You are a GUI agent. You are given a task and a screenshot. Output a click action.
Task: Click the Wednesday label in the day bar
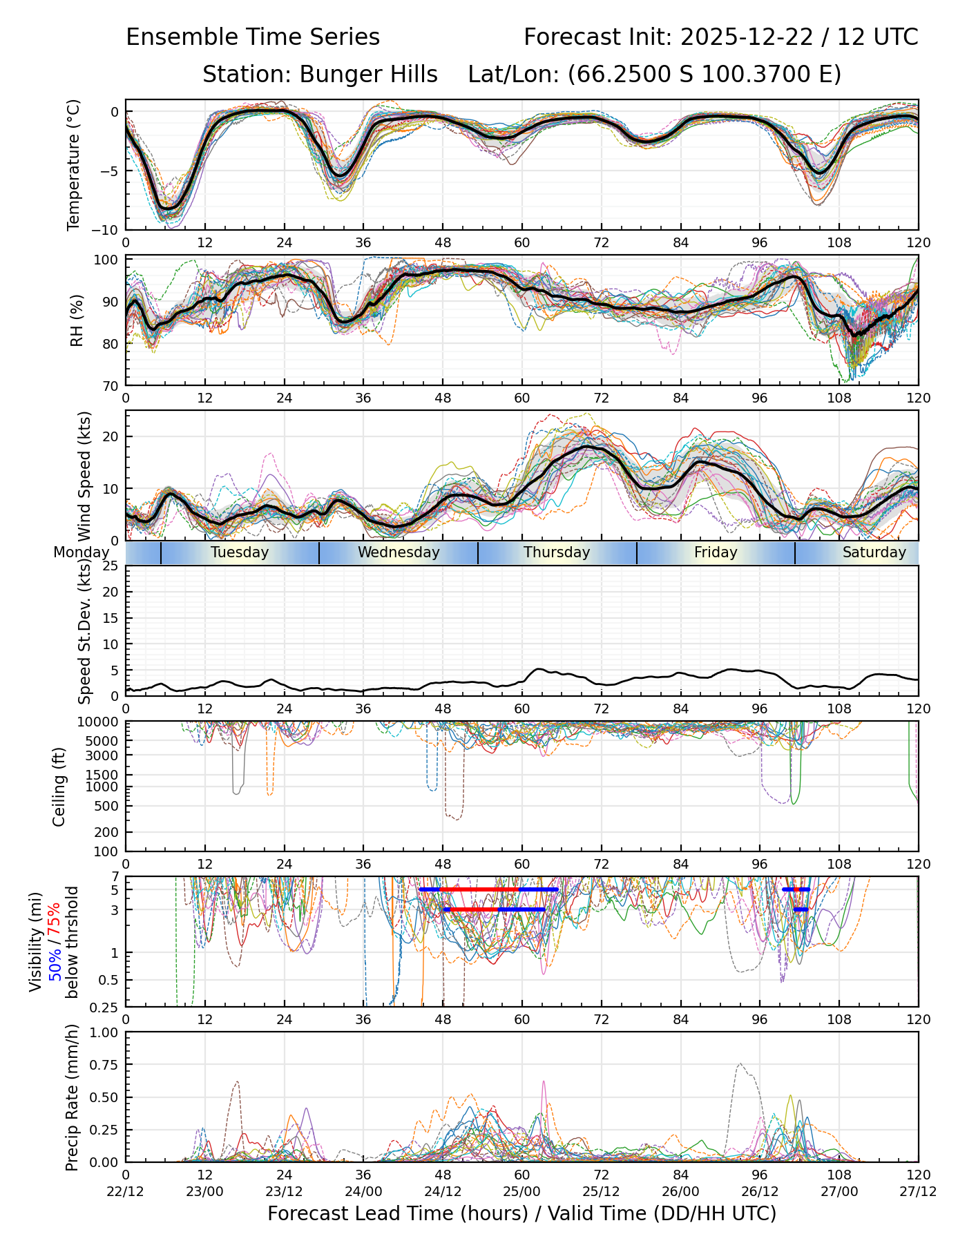click(399, 552)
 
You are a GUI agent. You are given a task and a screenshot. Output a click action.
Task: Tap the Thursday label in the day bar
click(557, 552)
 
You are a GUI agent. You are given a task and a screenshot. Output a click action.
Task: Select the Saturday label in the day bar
click(874, 552)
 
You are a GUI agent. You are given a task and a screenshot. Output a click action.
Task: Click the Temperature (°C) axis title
click(74, 164)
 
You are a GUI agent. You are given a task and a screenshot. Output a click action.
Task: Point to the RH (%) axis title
click(77, 320)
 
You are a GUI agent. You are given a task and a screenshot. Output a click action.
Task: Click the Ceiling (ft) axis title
click(59, 787)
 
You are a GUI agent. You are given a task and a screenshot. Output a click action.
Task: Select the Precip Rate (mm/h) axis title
click(73, 1097)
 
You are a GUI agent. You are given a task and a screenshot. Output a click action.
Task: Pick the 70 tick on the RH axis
click(111, 385)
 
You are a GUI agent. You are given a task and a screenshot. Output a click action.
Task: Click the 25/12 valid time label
click(601, 1191)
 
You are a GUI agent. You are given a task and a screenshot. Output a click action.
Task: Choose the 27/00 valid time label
click(839, 1191)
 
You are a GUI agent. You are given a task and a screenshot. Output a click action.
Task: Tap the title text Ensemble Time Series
click(253, 37)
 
